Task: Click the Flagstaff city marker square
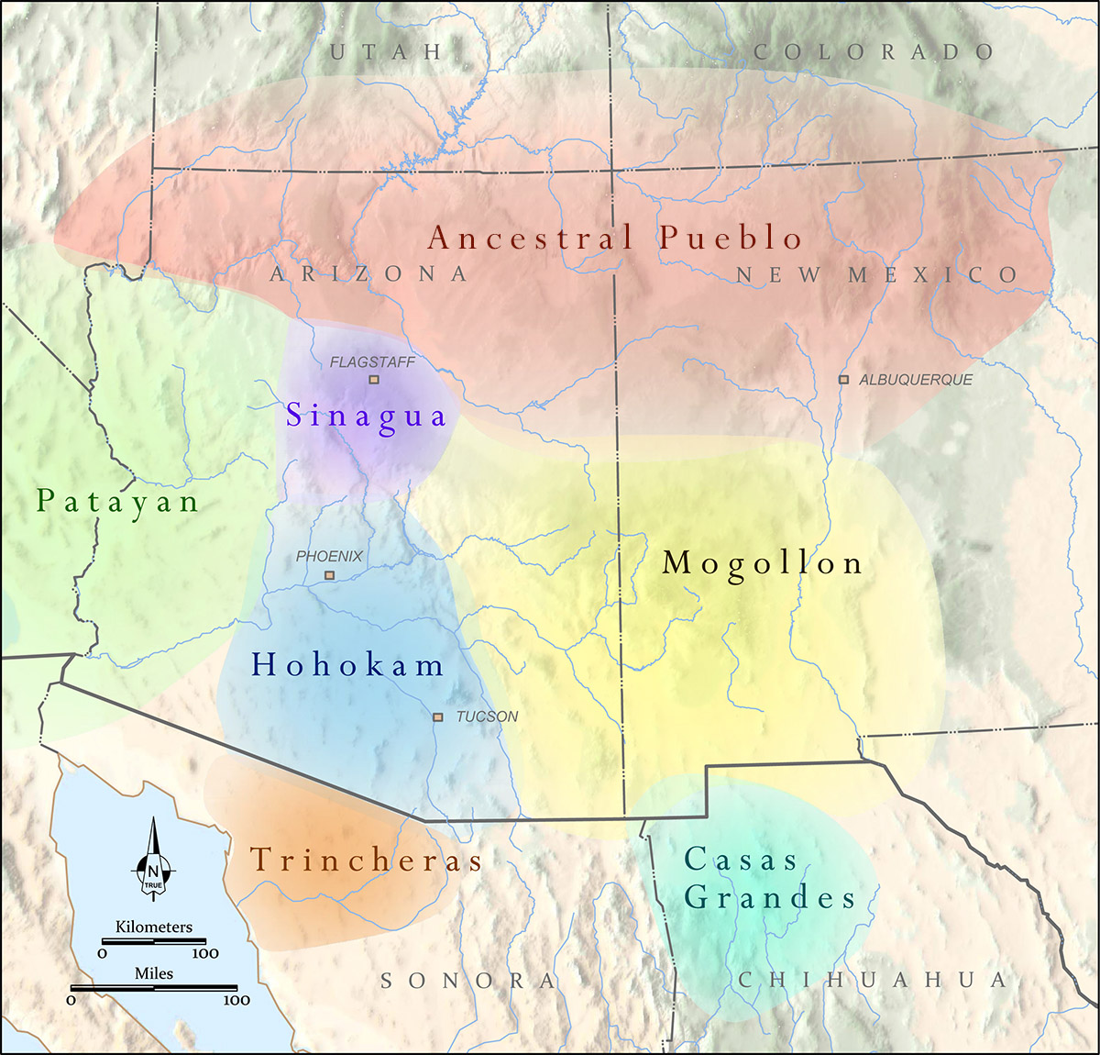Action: pyautogui.click(x=373, y=379)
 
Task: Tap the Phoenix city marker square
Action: pyautogui.click(x=330, y=575)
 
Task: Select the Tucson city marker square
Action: pyautogui.click(x=438, y=716)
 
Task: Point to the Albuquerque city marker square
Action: pyautogui.click(x=843, y=379)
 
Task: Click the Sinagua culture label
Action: pyautogui.click(x=366, y=416)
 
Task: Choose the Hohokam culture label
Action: pyautogui.click(x=347, y=665)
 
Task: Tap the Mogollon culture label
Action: pyautogui.click(x=762, y=563)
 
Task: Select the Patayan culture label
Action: pyautogui.click(x=117, y=502)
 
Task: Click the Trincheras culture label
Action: pyautogui.click(x=366, y=861)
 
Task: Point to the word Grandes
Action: pyautogui.click(x=770, y=897)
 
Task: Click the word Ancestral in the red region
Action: pyautogui.click(x=531, y=238)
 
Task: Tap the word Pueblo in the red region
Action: pyautogui.click(x=731, y=238)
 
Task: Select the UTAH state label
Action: pyautogui.click(x=386, y=52)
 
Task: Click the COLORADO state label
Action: pyautogui.click(x=874, y=52)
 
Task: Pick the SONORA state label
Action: pyautogui.click(x=468, y=981)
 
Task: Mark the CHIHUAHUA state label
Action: pyautogui.click(x=873, y=980)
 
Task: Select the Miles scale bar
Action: pyautogui.click(x=154, y=988)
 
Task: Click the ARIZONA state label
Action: pyautogui.click(x=368, y=273)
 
